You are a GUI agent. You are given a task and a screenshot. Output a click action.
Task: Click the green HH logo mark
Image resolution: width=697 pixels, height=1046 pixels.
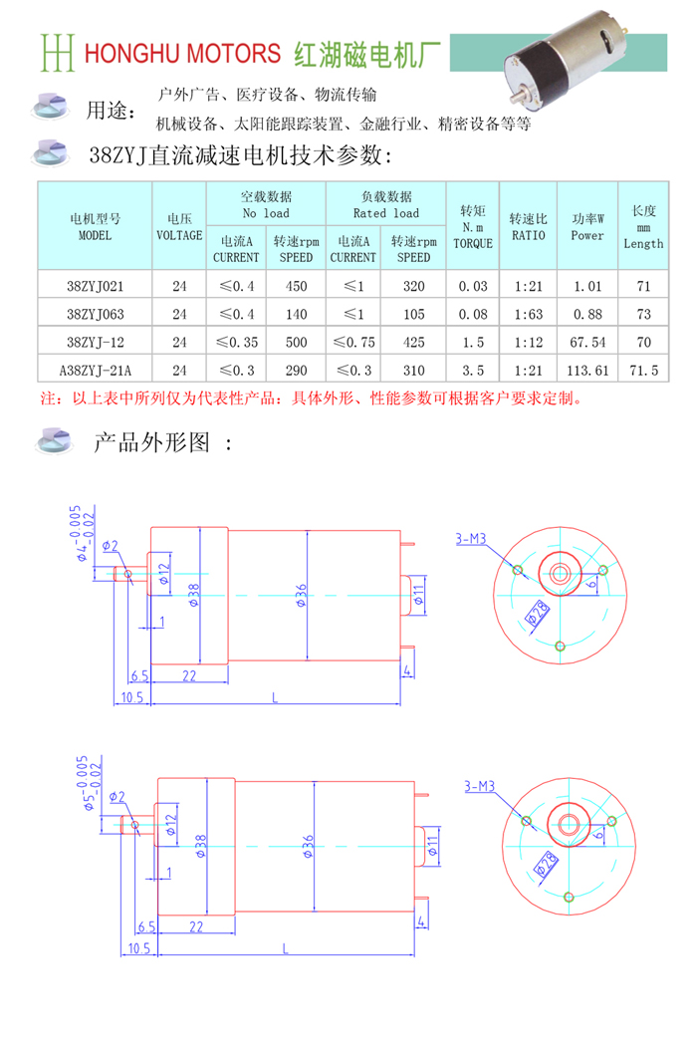point(57,52)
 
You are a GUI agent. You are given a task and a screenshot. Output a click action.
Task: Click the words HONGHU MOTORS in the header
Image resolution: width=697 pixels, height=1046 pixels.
point(182,54)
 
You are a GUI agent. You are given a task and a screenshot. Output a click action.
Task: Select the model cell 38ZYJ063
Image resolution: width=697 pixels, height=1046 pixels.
point(96,314)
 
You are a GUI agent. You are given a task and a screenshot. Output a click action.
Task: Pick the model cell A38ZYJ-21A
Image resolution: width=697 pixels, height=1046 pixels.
point(96,371)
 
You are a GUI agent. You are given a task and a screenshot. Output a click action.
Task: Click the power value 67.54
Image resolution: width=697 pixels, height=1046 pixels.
point(587,343)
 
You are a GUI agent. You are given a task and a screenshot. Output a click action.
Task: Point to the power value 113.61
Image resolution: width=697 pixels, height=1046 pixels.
point(587,371)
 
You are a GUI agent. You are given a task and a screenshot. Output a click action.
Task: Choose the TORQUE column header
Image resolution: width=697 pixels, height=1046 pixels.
point(473,227)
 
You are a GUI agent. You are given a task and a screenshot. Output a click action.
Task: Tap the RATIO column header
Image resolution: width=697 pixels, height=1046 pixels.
point(529,227)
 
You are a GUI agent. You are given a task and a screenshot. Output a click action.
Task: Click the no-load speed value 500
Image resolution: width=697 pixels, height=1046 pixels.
point(296,343)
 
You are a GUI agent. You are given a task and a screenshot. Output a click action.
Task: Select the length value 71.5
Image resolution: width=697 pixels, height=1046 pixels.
point(643,371)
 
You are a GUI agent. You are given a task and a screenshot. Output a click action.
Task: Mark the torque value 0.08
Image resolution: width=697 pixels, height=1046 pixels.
point(473,314)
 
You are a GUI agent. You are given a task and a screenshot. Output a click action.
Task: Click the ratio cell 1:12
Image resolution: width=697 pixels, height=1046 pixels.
point(529,343)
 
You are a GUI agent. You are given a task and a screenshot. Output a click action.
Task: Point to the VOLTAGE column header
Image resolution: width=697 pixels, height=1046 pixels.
point(179,227)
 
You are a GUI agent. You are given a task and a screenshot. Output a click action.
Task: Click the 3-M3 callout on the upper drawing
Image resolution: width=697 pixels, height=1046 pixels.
point(471,538)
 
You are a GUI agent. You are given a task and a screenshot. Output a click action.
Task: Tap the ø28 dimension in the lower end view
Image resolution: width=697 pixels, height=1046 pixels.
point(547,863)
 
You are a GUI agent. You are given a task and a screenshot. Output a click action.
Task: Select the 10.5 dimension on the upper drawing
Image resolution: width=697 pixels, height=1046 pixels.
point(132,697)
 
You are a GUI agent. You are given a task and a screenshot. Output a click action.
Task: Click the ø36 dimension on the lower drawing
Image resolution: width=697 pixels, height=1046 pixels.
point(308,846)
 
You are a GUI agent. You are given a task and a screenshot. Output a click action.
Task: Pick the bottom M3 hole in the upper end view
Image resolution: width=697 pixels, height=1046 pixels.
point(561,646)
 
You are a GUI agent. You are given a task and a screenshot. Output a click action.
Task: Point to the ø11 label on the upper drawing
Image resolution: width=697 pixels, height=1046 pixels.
point(418,595)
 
